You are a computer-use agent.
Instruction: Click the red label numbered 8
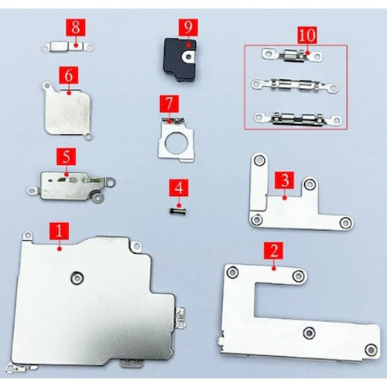click(x=75, y=27)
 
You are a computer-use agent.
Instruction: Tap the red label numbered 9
click(x=188, y=27)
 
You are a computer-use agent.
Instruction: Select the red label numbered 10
click(x=307, y=35)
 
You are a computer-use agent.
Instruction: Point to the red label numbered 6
click(x=69, y=75)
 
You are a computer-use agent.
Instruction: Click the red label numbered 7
click(x=170, y=104)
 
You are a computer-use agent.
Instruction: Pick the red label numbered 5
click(x=67, y=156)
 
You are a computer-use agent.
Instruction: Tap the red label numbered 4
click(x=179, y=188)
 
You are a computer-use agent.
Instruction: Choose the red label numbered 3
click(x=285, y=180)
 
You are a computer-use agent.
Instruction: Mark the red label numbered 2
click(x=273, y=251)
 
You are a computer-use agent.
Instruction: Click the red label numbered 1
click(x=59, y=231)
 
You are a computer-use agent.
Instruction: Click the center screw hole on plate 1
click(x=77, y=278)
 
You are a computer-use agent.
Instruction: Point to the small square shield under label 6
click(x=67, y=111)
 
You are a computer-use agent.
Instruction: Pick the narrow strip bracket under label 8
click(x=68, y=47)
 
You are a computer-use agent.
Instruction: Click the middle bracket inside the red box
click(x=295, y=86)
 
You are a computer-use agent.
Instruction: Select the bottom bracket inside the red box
click(x=298, y=119)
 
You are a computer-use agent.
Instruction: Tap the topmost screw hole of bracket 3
click(x=259, y=160)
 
